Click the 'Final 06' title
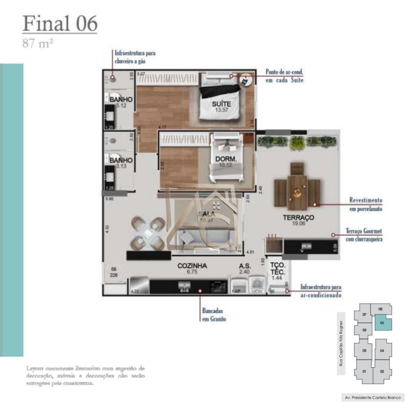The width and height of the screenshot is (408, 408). pyautogui.click(x=59, y=23)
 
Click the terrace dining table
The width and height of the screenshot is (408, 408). pyautogui.click(x=297, y=187)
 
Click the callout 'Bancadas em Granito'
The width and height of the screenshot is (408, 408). pyautogui.click(x=214, y=314)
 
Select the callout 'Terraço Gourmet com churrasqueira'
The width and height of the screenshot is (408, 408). pyautogui.click(x=365, y=235)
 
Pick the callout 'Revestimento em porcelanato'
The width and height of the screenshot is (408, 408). pyautogui.click(x=365, y=204)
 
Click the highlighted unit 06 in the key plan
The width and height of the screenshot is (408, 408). pyautogui.click(x=382, y=323)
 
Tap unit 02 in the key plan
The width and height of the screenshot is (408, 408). pyautogui.click(x=382, y=371)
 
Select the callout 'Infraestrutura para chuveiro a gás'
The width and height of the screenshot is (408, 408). pyautogui.click(x=135, y=57)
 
